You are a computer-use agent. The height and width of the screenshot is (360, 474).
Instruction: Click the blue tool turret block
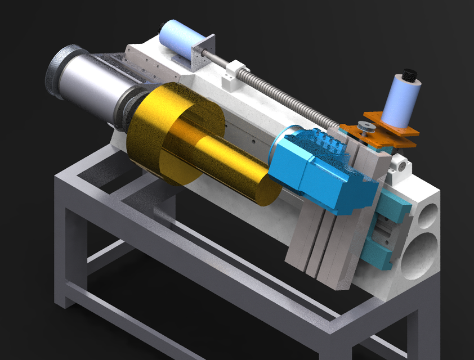point(321,169)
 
